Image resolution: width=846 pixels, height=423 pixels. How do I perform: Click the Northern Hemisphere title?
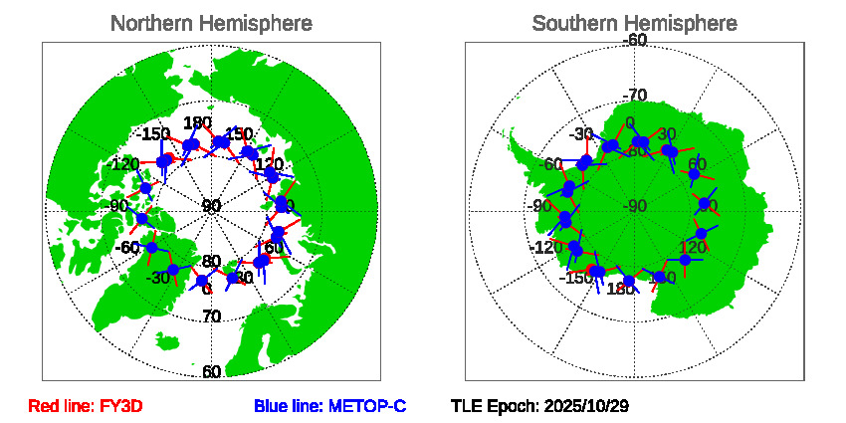(210, 23)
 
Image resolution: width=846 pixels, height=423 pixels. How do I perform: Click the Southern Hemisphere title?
(634, 23)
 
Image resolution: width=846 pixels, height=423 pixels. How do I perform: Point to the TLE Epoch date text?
(539, 406)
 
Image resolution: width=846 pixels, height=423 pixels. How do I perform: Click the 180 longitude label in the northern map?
(198, 123)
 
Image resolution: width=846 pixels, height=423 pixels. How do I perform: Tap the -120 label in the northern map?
(124, 164)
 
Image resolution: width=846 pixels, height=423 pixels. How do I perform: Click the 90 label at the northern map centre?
(211, 206)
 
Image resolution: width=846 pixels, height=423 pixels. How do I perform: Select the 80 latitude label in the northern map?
(211, 262)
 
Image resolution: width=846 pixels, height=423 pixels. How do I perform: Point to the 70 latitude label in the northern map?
(211, 317)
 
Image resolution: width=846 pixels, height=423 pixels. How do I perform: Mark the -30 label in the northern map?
(157, 278)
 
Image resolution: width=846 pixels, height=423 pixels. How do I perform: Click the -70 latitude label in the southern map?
(634, 96)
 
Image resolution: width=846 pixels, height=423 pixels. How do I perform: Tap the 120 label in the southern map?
(693, 247)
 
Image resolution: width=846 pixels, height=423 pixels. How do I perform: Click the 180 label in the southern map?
(620, 289)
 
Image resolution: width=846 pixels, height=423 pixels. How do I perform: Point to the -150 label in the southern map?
(576, 277)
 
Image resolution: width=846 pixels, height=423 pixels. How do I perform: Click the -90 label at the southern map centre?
(634, 206)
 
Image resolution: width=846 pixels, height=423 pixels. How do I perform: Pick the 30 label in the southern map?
(667, 134)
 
